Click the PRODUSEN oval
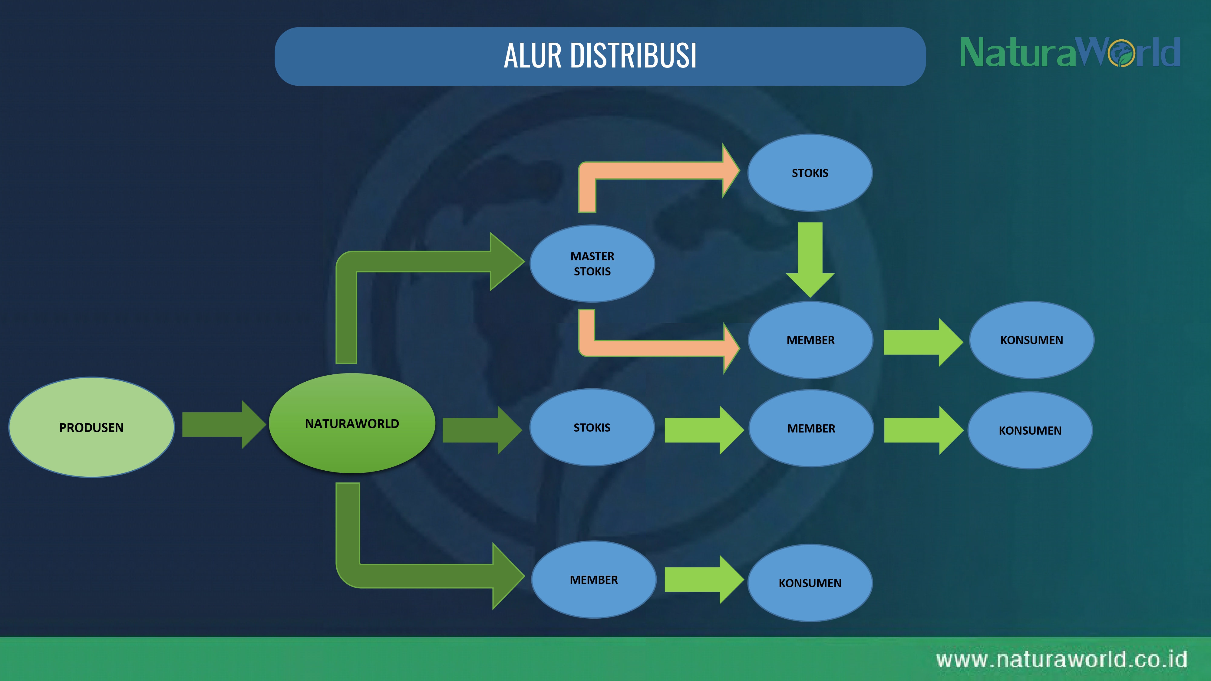(92, 427)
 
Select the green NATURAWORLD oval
(352, 423)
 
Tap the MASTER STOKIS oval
(592, 263)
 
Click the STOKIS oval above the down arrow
(810, 173)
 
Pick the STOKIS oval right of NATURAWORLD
(592, 427)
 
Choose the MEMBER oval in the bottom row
(594, 580)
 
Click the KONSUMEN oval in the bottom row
(810, 583)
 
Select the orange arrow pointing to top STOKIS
(658, 171)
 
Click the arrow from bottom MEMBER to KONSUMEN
(704, 580)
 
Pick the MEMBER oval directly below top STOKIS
(810, 340)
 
